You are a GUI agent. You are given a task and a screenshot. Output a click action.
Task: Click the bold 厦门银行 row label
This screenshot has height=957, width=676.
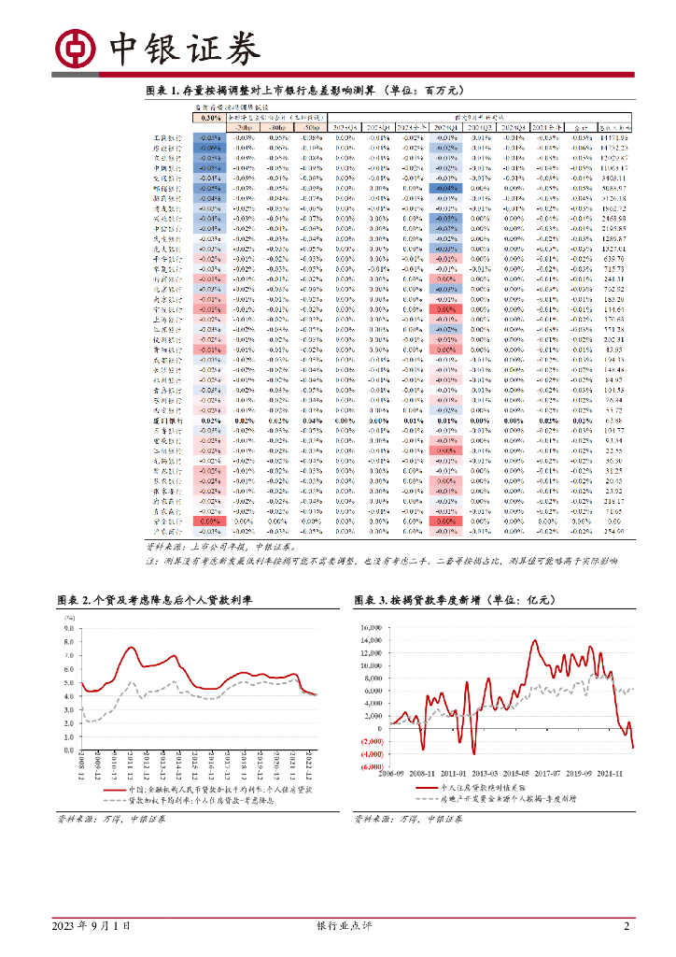(x=168, y=421)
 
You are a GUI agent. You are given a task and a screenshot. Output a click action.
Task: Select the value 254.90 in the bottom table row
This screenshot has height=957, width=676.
(x=613, y=531)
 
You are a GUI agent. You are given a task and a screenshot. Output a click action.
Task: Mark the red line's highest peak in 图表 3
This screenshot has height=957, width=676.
(x=535, y=640)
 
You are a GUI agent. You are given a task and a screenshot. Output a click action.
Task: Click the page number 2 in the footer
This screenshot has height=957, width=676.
(x=627, y=926)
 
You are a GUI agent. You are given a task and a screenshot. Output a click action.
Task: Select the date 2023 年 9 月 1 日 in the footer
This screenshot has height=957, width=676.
(x=90, y=926)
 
